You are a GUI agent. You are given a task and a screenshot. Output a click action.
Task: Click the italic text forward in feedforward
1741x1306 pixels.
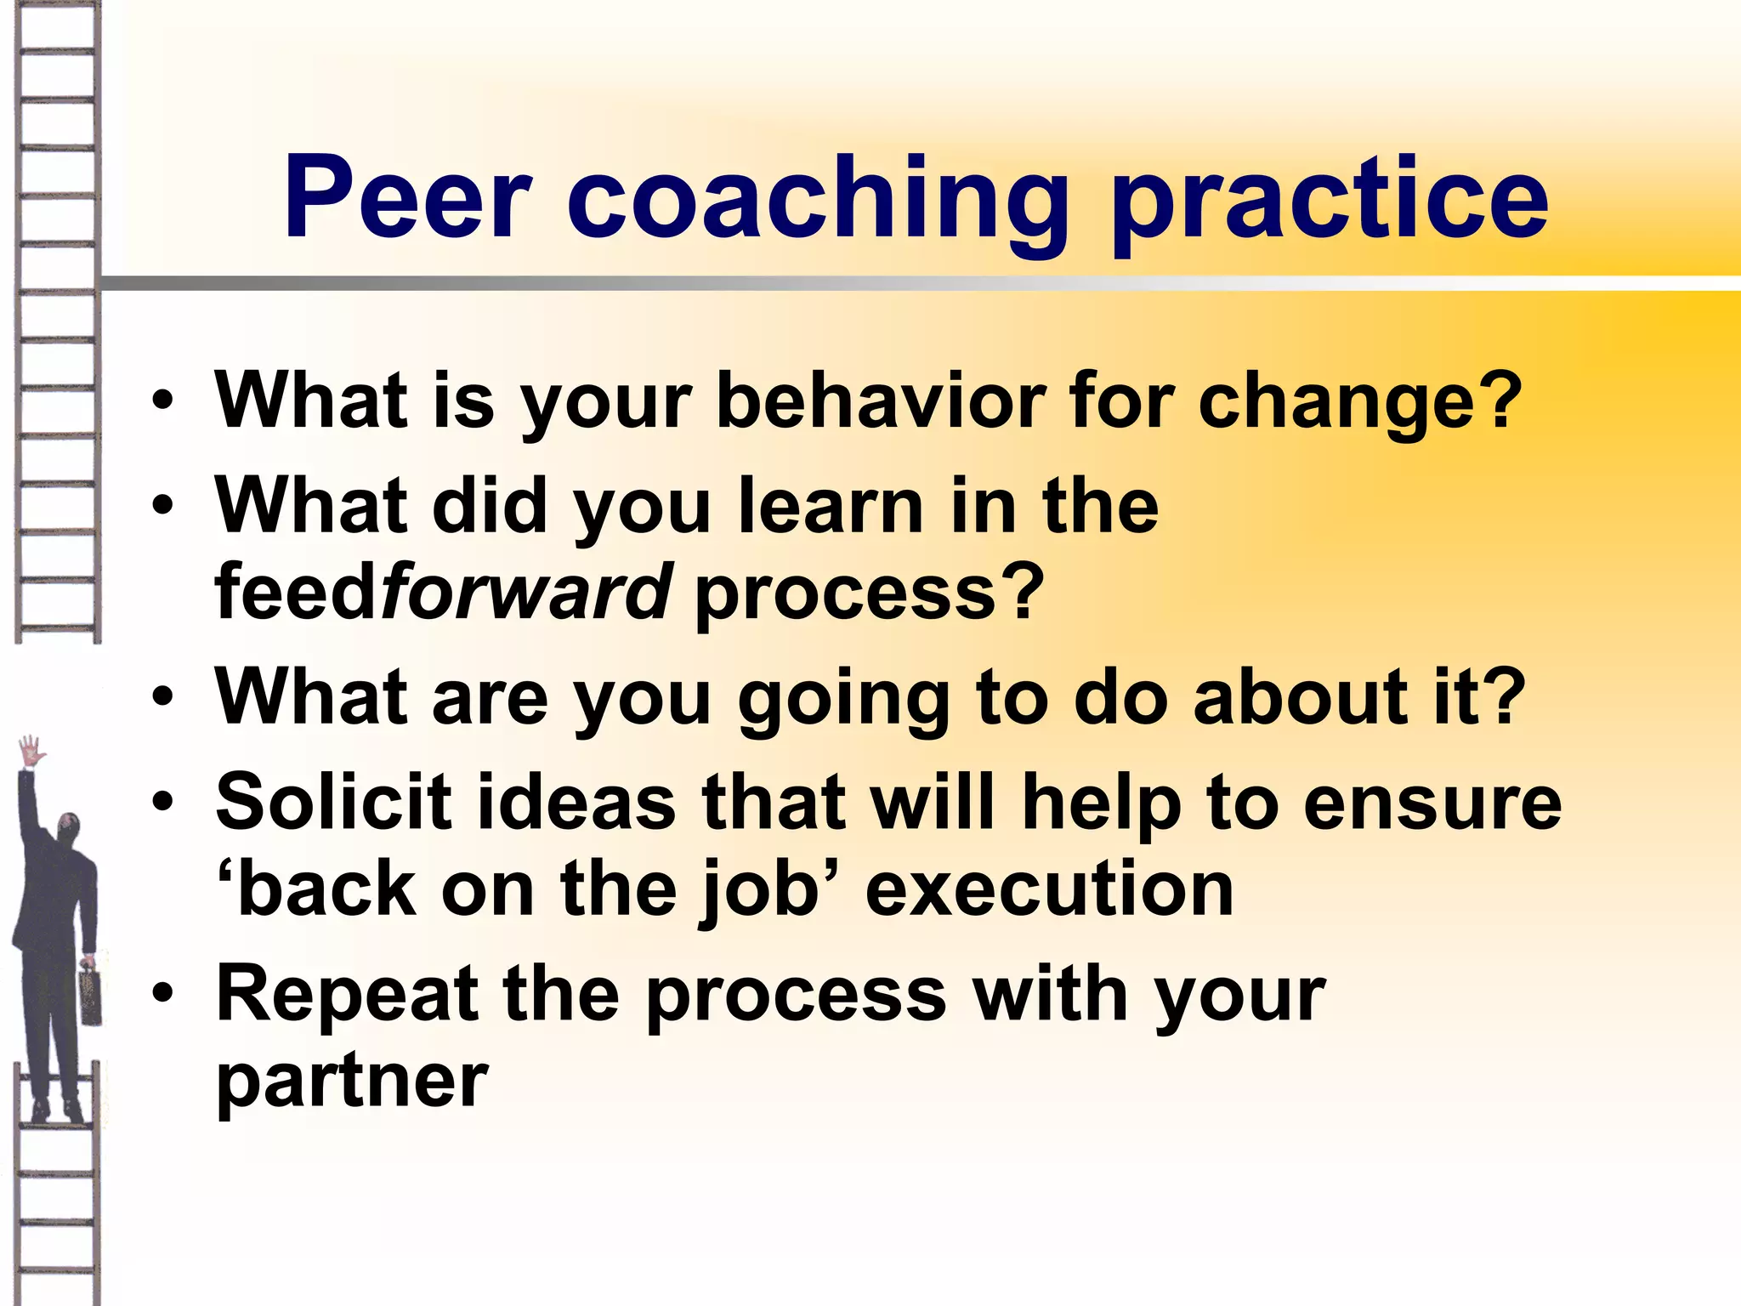point(526,592)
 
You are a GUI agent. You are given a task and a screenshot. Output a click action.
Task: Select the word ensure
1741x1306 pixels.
point(1432,804)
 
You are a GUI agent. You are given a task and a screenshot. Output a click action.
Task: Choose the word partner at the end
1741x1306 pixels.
point(352,1083)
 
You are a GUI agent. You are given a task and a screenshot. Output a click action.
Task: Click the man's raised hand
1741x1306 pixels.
point(32,752)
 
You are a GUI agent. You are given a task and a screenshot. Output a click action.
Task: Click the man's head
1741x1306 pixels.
point(69,828)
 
